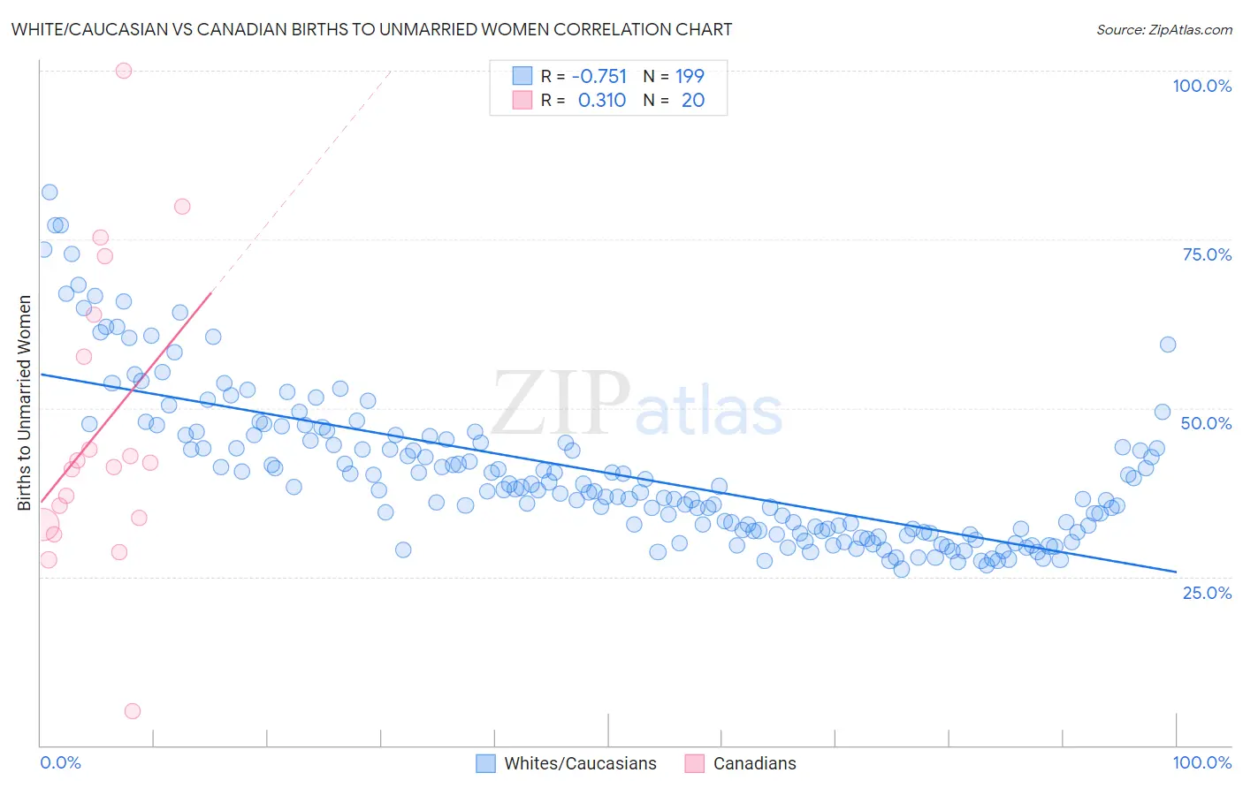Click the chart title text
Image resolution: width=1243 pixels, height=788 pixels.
point(371,29)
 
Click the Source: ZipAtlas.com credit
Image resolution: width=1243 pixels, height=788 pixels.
point(1163,29)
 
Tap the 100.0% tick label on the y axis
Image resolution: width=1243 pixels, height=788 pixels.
point(1201,86)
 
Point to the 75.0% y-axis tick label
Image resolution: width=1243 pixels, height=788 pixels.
point(1207,254)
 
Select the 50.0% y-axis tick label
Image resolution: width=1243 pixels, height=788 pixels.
point(1206,423)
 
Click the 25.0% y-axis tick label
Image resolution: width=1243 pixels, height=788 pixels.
point(1207,592)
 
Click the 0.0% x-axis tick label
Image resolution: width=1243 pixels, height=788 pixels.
point(60,762)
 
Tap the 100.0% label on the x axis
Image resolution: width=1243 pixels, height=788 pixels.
point(1201,762)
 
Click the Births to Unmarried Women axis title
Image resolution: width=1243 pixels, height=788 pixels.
point(24,403)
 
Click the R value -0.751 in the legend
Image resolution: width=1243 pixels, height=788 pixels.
point(599,76)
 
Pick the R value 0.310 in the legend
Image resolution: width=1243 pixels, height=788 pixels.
point(601,101)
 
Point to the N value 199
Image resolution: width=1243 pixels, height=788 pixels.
point(690,76)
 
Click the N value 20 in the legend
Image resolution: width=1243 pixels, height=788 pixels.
point(693,101)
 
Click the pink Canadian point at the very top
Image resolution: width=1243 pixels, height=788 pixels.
point(124,71)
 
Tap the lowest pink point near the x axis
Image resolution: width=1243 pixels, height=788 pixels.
point(133,711)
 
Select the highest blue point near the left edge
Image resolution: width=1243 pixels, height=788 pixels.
point(50,193)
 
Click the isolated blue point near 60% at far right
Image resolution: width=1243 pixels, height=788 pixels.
point(1168,345)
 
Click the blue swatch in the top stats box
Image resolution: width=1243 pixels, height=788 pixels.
point(522,76)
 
